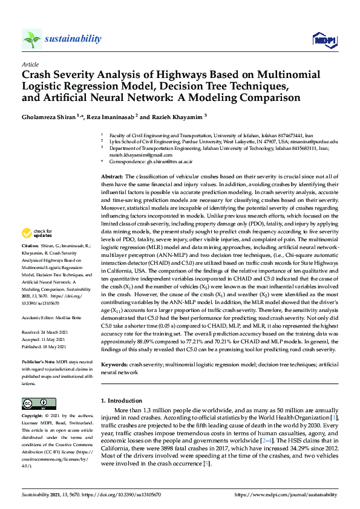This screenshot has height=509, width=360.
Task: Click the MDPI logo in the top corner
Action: pos(324,39)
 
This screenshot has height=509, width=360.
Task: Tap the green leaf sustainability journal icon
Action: pos(31,39)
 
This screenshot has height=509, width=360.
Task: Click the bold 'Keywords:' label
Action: pos(114,365)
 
